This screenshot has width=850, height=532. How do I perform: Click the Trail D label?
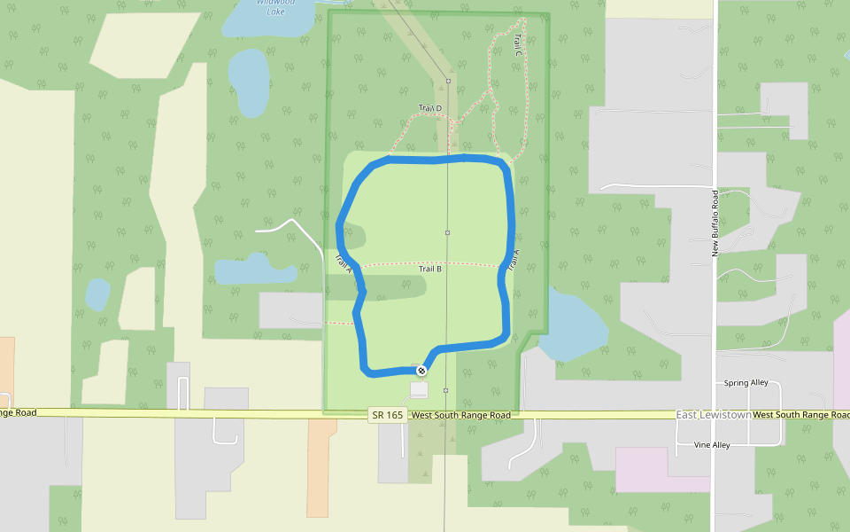click(x=430, y=108)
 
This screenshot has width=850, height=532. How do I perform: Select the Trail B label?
click(x=430, y=269)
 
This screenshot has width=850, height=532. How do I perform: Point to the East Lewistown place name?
click(x=714, y=415)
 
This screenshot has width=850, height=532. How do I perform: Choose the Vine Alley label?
click(x=712, y=445)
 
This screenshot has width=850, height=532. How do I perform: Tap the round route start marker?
click(x=422, y=371)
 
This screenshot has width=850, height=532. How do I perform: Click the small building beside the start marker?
click(x=419, y=389)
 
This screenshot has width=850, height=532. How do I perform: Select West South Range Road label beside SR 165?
click(x=460, y=415)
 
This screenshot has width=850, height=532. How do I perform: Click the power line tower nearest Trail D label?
click(x=448, y=82)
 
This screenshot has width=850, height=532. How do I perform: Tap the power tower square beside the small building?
click(x=445, y=390)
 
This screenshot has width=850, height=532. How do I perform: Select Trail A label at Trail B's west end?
click(x=344, y=263)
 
